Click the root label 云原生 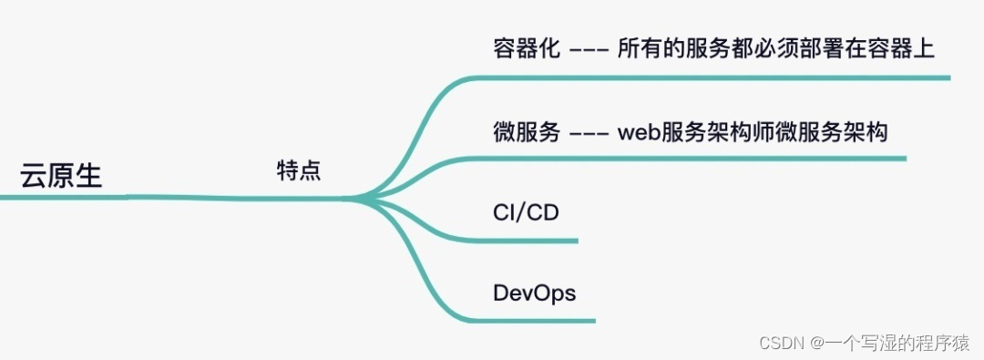tap(62, 175)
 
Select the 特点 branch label tap(299, 170)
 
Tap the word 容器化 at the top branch tap(525, 49)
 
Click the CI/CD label tap(526, 213)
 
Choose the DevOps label tap(534, 293)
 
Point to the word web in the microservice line tap(638, 132)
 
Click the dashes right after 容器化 tap(589, 50)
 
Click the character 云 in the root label tap(35, 175)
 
